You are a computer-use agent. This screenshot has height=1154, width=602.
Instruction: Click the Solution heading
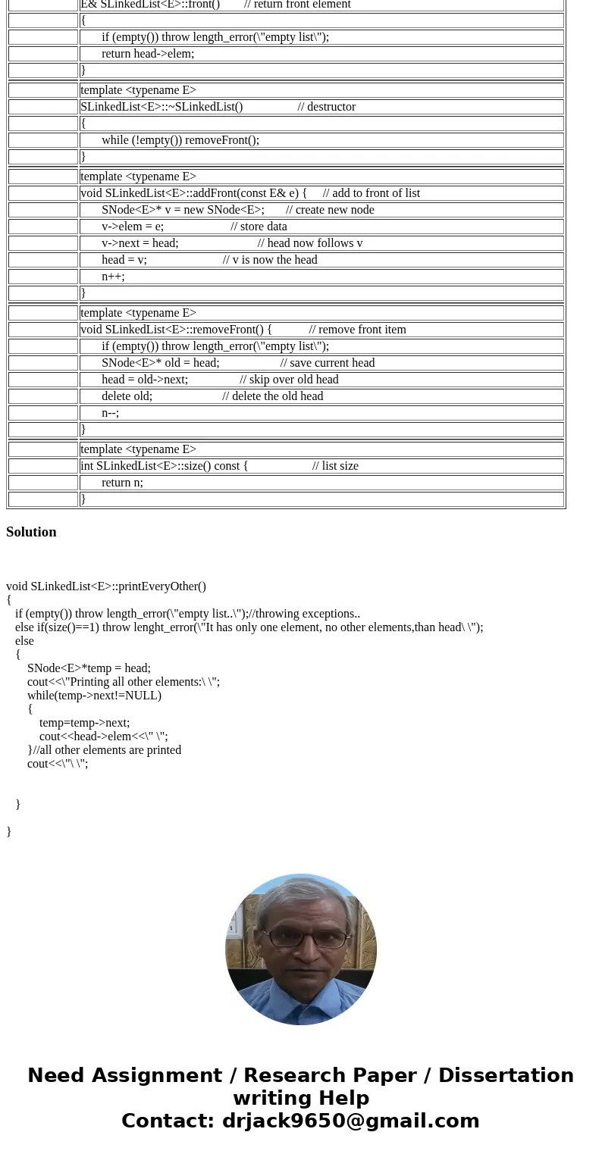pyautogui.click(x=31, y=532)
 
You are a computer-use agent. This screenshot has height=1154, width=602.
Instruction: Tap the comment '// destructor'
pyautogui.click(x=326, y=107)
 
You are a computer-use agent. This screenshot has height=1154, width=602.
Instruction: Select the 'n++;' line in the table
pyautogui.click(x=113, y=277)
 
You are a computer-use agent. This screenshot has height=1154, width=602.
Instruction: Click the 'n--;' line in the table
pyautogui.click(x=110, y=413)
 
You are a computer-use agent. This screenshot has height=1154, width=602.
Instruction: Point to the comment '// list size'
pyautogui.click(x=335, y=466)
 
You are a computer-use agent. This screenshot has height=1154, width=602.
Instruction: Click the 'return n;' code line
pyautogui.click(x=122, y=483)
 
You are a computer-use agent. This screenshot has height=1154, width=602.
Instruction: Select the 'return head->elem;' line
pyautogui.click(x=148, y=54)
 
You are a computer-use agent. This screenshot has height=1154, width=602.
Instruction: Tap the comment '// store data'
pyautogui.click(x=259, y=227)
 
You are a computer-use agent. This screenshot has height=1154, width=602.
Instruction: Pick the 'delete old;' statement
pyautogui.click(x=127, y=396)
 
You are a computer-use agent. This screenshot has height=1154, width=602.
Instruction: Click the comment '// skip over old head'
pyautogui.click(x=289, y=380)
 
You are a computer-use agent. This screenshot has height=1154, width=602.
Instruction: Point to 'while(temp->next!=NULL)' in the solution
pyautogui.click(x=94, y=696)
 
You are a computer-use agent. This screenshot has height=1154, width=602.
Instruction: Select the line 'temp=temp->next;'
pyautogui.click(x=84, y=723)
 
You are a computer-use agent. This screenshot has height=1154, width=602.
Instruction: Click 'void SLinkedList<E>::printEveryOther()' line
pyautogui.click(x=106, y=586)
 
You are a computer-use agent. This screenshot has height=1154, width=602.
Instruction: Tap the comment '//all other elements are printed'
pyautogui.click(x=107, y=750)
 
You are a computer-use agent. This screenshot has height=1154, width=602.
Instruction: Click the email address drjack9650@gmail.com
pyautogui.click(x=350, y=1121)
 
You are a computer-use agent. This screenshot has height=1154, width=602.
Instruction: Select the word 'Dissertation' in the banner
pyautogui.click(x=506, y=1076)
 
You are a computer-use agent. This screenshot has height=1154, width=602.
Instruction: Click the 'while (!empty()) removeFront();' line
pyautogui.click(x=180, y=140)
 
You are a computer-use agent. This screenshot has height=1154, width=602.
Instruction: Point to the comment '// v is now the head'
pyautogui.click(x=270, y=260)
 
